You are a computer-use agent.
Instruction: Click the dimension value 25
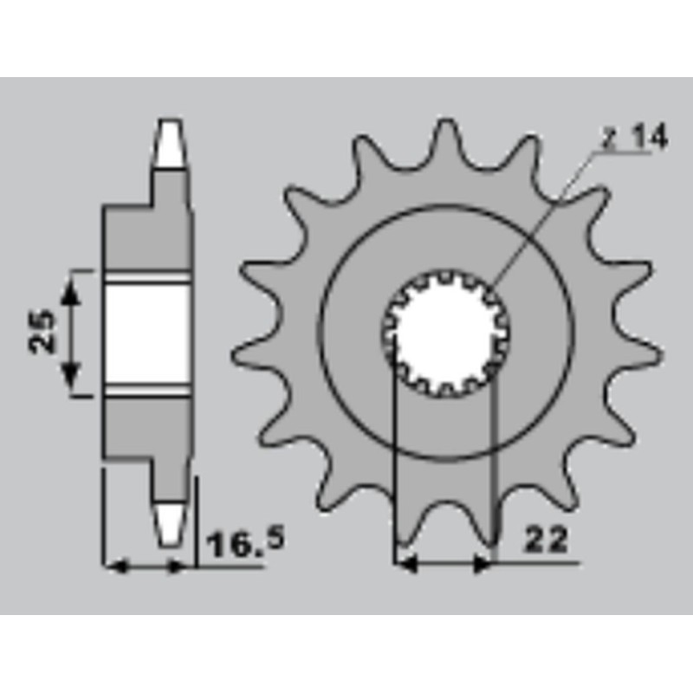click(43, 332)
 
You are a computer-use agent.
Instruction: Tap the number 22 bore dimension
click(546, 541)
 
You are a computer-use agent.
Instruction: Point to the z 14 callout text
click(637, 139)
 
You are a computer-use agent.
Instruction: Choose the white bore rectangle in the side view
click(146, 334)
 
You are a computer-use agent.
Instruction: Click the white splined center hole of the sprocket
click(445, 334)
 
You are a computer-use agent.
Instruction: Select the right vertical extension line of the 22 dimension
click(493, 468)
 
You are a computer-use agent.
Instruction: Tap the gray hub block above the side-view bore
click(146, 238)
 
